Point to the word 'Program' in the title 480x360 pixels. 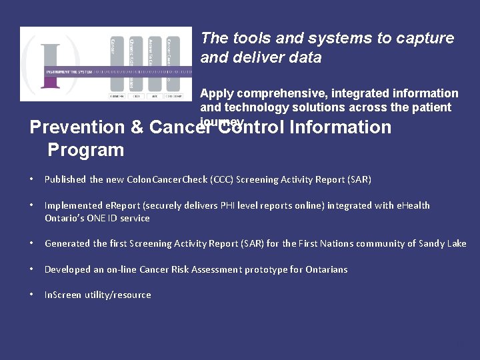click(85, 149)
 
